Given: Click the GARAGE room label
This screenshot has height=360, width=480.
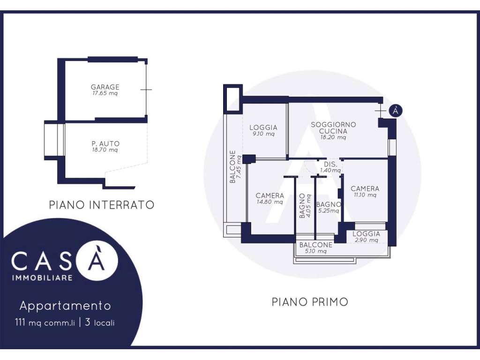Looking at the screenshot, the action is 105,87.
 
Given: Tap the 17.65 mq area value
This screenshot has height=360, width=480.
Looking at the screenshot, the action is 105,93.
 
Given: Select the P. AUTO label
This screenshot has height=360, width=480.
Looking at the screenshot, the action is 105,143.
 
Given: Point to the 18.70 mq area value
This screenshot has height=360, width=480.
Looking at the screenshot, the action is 105,150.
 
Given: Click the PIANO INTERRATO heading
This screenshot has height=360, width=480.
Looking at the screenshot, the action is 102,205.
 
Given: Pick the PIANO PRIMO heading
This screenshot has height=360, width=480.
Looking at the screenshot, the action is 310,302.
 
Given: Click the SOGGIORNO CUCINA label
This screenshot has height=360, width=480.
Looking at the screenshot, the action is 333,127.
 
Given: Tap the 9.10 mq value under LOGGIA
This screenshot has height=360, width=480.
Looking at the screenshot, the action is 263,134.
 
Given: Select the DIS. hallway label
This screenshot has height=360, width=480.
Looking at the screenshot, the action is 330,165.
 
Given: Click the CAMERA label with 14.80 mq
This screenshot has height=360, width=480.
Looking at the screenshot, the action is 270,195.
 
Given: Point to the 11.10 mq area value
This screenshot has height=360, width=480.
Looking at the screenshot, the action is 365,195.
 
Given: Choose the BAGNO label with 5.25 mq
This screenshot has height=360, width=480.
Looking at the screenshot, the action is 329,204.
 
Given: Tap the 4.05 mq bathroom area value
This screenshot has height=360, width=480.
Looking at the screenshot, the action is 308,206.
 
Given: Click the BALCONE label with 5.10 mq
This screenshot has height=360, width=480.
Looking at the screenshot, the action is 316,245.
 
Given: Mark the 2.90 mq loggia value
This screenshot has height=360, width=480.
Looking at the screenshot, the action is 367,240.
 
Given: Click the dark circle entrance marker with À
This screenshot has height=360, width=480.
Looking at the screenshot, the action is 396,111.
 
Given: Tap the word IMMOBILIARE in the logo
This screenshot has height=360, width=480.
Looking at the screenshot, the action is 42,278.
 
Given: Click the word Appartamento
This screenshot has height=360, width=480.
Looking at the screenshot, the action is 65,306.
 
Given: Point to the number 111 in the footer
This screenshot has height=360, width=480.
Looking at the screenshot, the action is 20,322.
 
